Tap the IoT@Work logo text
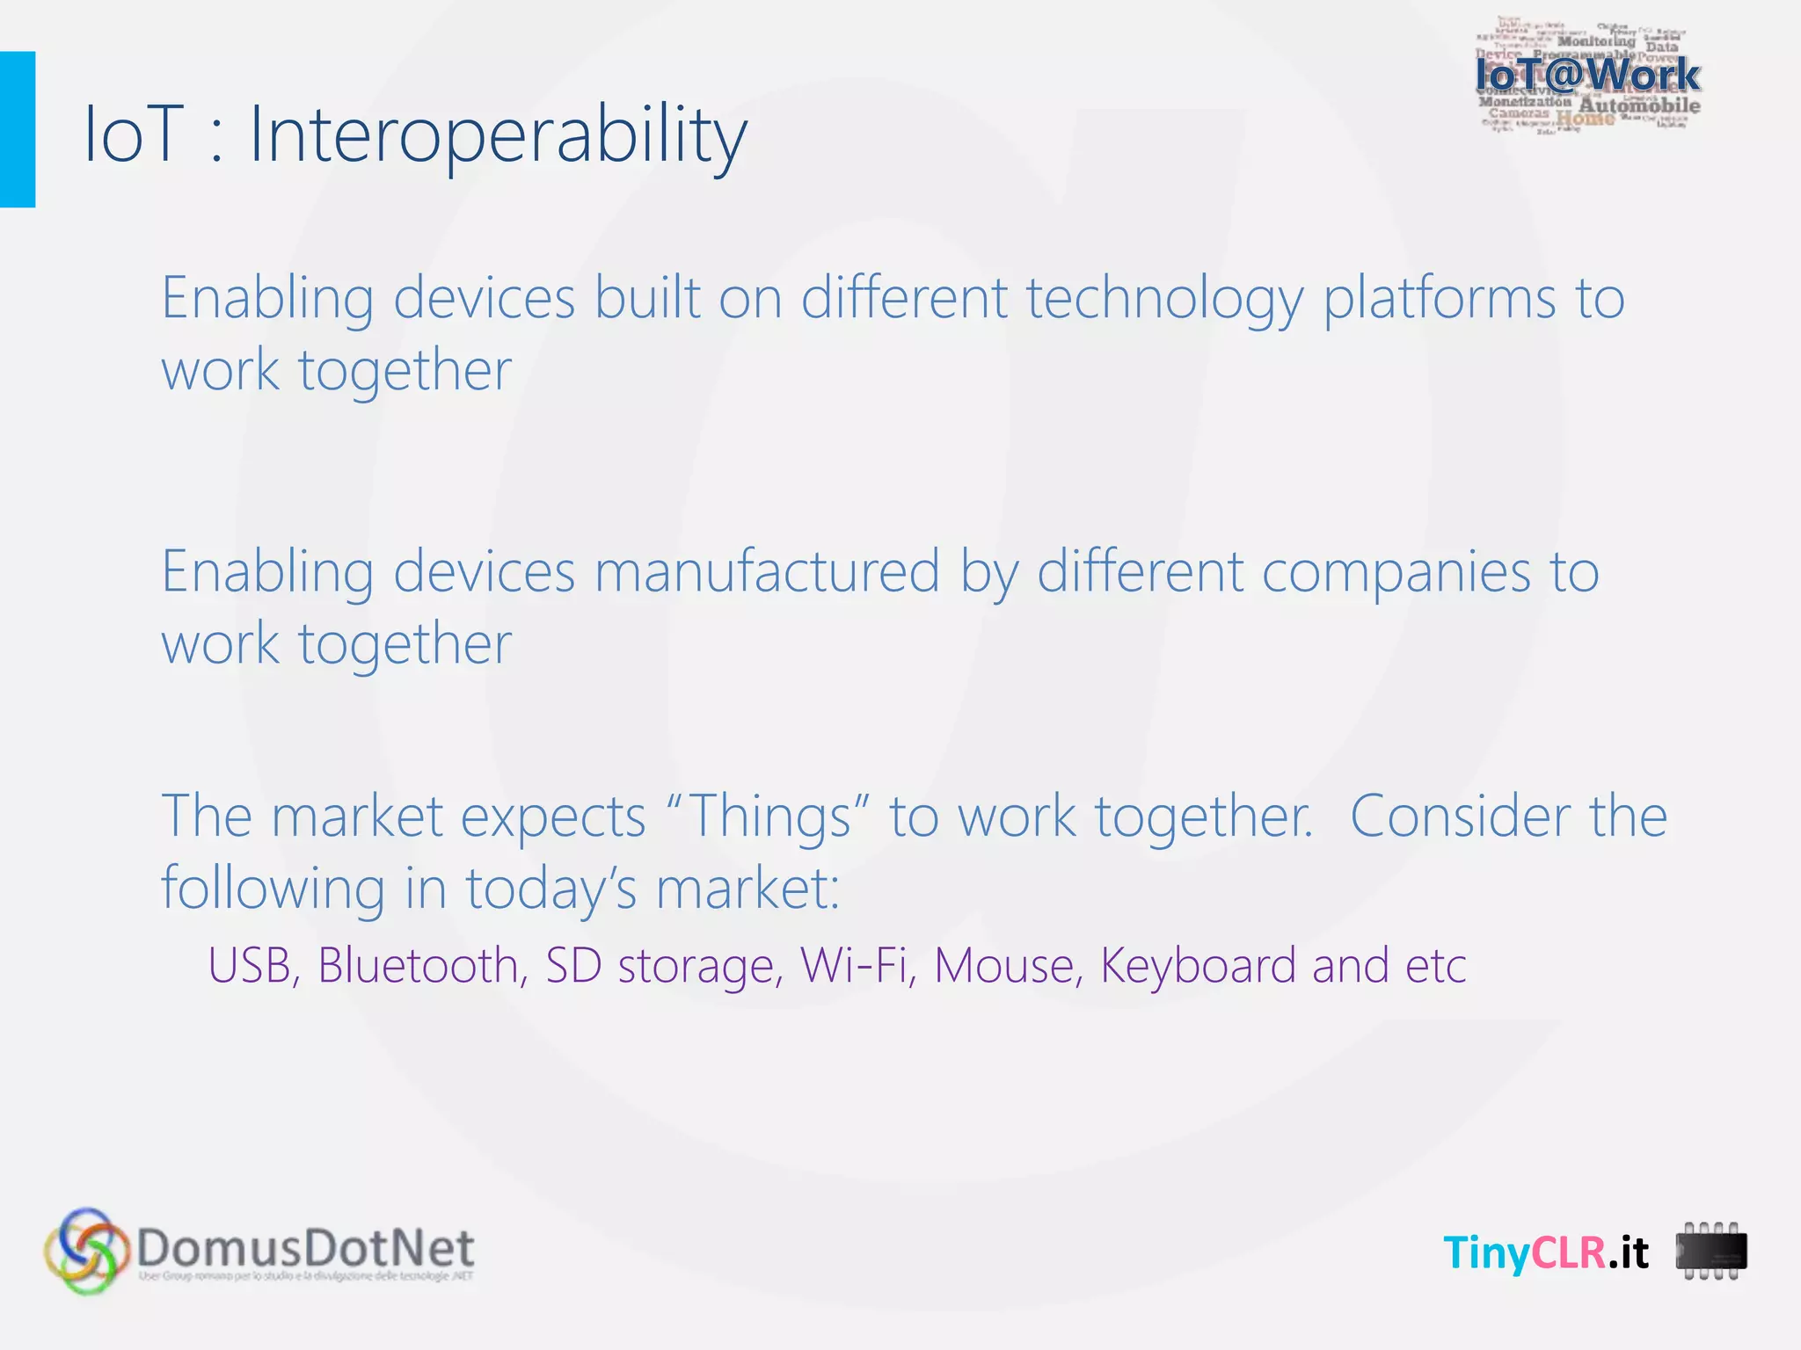tap(1587, 75)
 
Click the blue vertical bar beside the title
tap(17, 129)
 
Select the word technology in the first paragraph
tap(1164, 299)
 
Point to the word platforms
tap(1440, 299)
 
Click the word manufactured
tap(767, 572)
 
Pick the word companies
tap(1396, 572)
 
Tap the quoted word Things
tap(769, 817)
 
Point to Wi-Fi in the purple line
tap(854, 965)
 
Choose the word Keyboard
tap(1198, 965)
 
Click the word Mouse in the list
tap(1004, 965)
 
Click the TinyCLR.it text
tap(1546, 1252)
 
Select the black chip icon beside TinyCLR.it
tap(1711, 1252)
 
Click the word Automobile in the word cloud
tap(1639, 106)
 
